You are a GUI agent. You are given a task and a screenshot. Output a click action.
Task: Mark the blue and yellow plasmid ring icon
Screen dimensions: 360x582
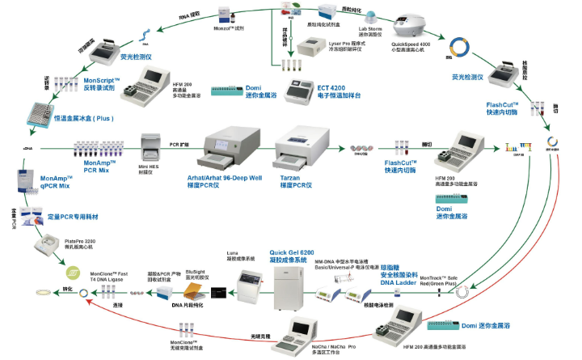coord(462,48)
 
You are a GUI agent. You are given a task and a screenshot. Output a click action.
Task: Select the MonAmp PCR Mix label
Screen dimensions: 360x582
coord(99,166)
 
